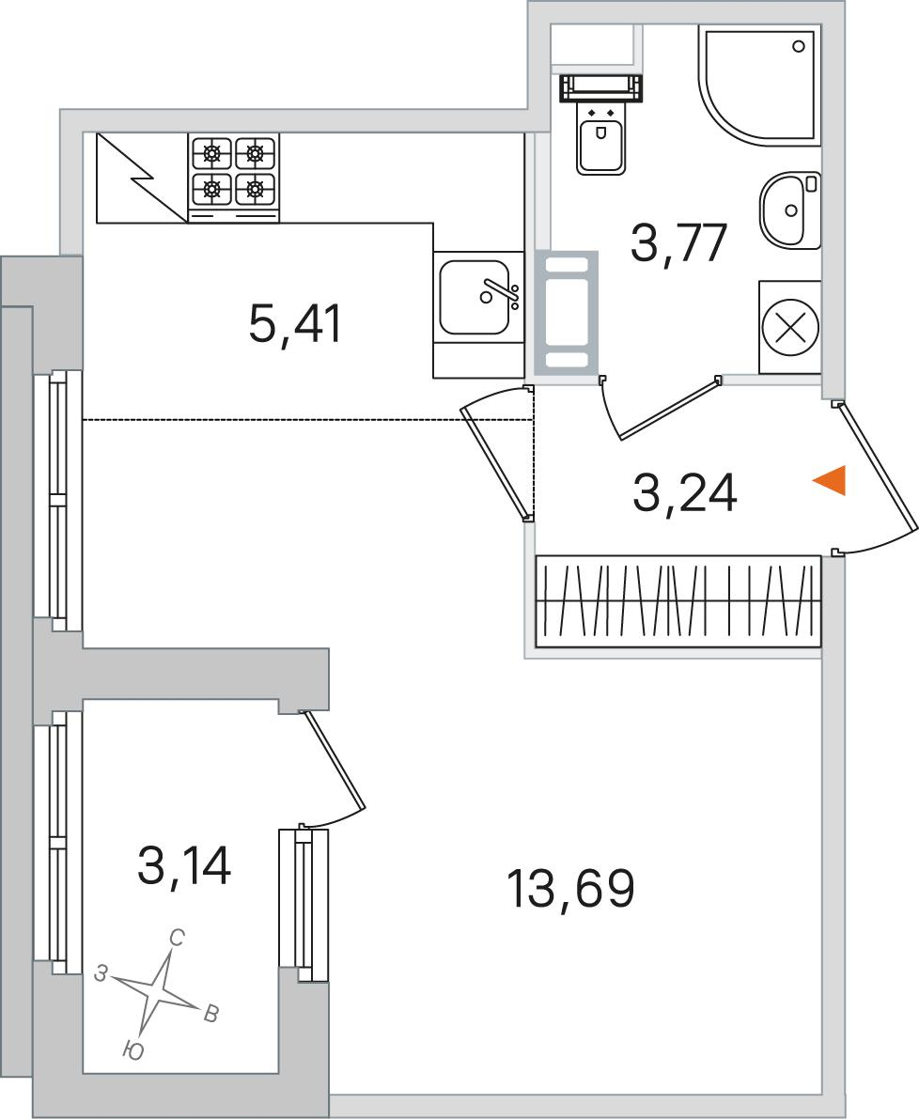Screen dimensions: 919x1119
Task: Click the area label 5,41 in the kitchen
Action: pyautogui.click(x=295, y=324)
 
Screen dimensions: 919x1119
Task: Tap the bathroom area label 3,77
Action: pyautogui.click(x=678, y=242)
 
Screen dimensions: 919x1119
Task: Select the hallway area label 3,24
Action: pyautogui.click(x=684, y=493)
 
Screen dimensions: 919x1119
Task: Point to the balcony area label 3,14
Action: pyautogui.click(x=184, y=865)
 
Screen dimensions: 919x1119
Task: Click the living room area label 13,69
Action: pyautogui.click(x=570, y=890)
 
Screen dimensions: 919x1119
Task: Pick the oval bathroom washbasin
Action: pyautogui.click(x=790, y=210)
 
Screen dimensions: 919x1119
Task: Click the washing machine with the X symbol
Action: pyautogui.click(x=790, y=328)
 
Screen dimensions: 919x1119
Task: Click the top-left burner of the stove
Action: pyautogui.click(x=211, y=151)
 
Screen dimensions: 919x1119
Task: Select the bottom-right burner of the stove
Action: pyautogui.click(x=255, y=189)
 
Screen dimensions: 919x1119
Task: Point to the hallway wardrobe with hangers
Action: pyautogui.click(x=678, y=600)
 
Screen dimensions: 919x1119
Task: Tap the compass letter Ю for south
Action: pyautogui.click(x=132, y=1049)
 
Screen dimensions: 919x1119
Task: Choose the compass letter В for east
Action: pyautogui.click(x=211, y=1014)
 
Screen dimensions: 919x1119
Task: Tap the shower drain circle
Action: pyautogui.click(x=799, y=46)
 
